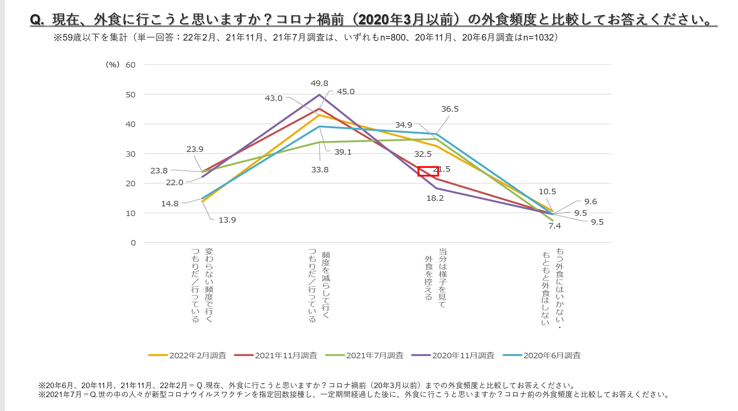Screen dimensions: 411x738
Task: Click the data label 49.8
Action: (319, 83)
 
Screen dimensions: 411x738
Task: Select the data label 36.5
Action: (449, 109)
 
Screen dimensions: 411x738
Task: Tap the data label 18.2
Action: (435, 198)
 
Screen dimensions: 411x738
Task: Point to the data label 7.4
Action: (554, 226)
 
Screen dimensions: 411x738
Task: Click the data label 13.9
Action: (227, 220)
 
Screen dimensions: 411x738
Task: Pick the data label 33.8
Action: (319, 170)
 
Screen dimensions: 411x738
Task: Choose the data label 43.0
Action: (274, 98)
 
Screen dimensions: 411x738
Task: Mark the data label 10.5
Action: (547, 191)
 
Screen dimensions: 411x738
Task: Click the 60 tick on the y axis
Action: (130, 65)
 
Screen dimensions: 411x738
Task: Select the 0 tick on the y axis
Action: (133, 243)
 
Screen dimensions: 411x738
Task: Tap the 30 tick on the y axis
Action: (130, 154)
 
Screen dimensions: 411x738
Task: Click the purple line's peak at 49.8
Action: (319, 95)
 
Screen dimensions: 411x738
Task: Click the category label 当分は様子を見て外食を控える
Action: (436, 277)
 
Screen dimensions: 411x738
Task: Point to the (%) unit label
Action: (112, 65)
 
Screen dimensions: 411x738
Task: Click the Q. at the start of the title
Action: (37, 19)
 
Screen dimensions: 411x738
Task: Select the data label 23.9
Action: (195, 149)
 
